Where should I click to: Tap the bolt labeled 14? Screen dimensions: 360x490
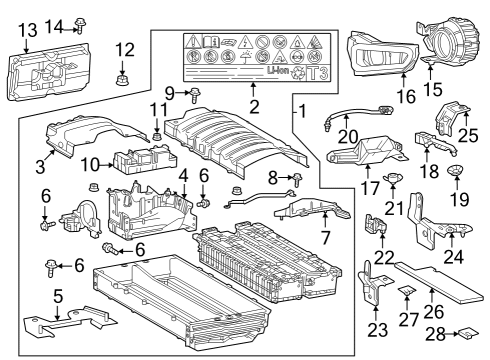pos(82,23)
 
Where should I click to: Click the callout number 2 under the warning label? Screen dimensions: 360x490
pos(254,106)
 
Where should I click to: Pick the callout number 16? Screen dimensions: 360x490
pos(404,98)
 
